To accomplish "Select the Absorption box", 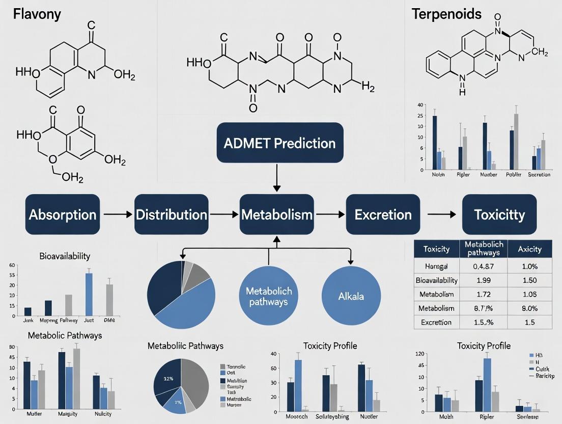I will (63, 215).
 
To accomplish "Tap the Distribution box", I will (171, 215).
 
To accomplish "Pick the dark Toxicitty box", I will (499, 215).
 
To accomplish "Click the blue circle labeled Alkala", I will (351, 296).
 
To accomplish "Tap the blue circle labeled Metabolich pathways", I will (269, 296).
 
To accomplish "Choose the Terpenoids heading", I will (446, 14).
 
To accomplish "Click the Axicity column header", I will (529, 249).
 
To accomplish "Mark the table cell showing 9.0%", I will (529, 308).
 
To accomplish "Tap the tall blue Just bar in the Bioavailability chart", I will (89, 294).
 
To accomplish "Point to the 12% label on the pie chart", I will (168, 379).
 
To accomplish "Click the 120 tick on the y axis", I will (419, 354).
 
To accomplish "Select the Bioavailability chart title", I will (65, 256).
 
